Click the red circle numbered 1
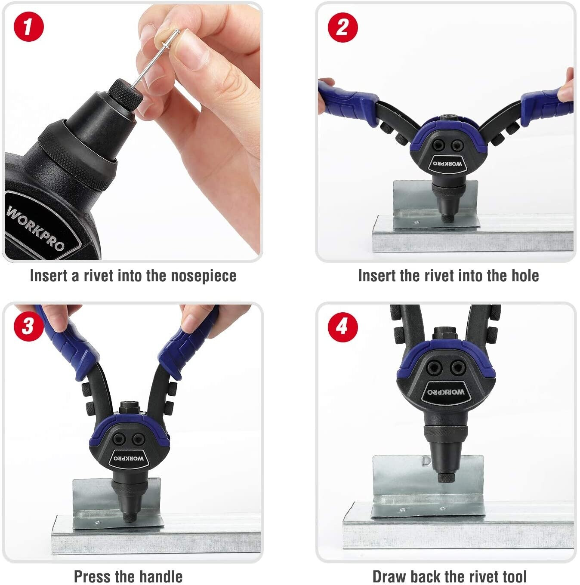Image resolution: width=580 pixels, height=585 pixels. [29, 27]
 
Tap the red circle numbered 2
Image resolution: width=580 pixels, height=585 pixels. [343, 28]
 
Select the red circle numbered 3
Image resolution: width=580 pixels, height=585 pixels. [29, 326]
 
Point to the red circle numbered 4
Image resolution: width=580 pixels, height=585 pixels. [343, 327]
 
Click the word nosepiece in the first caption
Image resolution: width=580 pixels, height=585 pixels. [204, 276]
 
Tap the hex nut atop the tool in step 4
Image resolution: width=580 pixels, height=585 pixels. [445, 334]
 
